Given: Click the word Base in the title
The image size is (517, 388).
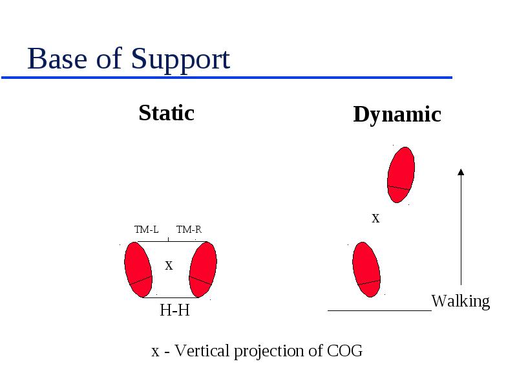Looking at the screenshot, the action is pos(57,58).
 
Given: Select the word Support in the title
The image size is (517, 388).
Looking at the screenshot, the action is pos(181,61).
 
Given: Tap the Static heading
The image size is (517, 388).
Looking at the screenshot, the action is pos(167,113).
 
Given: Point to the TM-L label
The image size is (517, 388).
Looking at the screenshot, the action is pos(147,230).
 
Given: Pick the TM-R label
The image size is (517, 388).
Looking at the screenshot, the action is pos(189,230).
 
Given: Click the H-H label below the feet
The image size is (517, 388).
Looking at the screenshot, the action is pos(174,310).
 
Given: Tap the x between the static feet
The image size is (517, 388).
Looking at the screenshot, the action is pos(169,265).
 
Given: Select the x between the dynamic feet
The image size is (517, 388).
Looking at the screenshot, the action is pos(375,218).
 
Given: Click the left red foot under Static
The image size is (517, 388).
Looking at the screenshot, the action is pos(138,270).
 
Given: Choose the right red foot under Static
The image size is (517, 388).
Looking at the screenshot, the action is pos(203,270).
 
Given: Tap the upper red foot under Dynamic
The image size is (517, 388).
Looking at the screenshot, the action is pos(401,175).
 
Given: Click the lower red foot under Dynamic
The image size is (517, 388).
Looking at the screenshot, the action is pos(366,270).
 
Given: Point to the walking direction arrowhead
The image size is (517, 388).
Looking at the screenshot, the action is pos(461,172).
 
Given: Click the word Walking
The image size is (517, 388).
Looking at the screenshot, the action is pos(461,301).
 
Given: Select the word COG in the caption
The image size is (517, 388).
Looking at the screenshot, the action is pos(344,350).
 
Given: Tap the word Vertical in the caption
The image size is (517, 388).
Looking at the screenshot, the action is pos(202,350).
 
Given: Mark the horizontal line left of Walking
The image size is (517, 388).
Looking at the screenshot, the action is pos(379,310).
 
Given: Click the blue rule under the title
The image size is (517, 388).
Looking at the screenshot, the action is pos(227,78).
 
